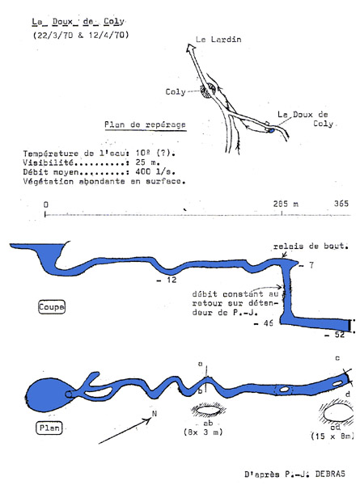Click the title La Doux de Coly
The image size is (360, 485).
point(78,22)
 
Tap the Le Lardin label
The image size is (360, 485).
point(218,40)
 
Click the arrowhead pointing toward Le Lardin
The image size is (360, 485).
point(190,48)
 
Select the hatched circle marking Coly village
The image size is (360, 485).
point(207,91)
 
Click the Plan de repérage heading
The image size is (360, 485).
point(145,124)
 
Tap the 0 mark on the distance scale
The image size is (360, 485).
point(46,205)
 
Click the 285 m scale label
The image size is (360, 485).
point(286,204)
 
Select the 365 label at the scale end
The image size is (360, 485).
point(341,204)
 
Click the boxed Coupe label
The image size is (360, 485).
point(52,307)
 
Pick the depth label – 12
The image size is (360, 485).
point(167,280)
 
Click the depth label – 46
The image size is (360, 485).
point(264,323)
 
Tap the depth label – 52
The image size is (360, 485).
point(334,335)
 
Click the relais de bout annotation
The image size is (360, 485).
point(311,247)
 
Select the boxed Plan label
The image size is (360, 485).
point(49,428)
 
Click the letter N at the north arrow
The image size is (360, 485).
point(155,414)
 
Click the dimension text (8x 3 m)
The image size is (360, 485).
point(203,432)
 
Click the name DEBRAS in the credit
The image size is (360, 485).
point(330,474)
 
